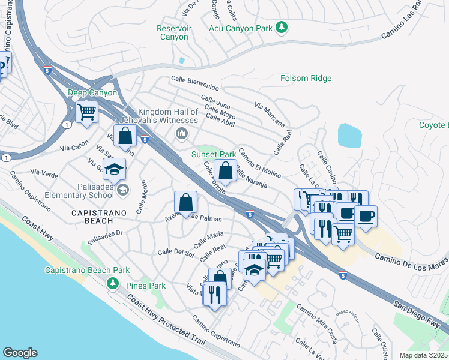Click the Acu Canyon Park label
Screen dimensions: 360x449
coord(240,28)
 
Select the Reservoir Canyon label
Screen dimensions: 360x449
coord(174,32)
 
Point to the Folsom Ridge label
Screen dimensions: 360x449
coord(306,78)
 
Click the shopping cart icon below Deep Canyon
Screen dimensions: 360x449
coord(87,111)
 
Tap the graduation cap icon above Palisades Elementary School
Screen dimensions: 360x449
coord(114,169)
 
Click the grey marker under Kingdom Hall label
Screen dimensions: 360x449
coord(181,133)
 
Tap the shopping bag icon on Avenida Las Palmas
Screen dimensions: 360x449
coord(186,202)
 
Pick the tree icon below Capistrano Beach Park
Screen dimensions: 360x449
coord(111,283)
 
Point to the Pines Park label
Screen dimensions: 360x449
coord(146,286)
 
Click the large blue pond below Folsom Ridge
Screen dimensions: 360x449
coord(349,136)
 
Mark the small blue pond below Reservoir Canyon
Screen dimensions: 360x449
coord(182,61)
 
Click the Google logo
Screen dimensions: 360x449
coord(20,352)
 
